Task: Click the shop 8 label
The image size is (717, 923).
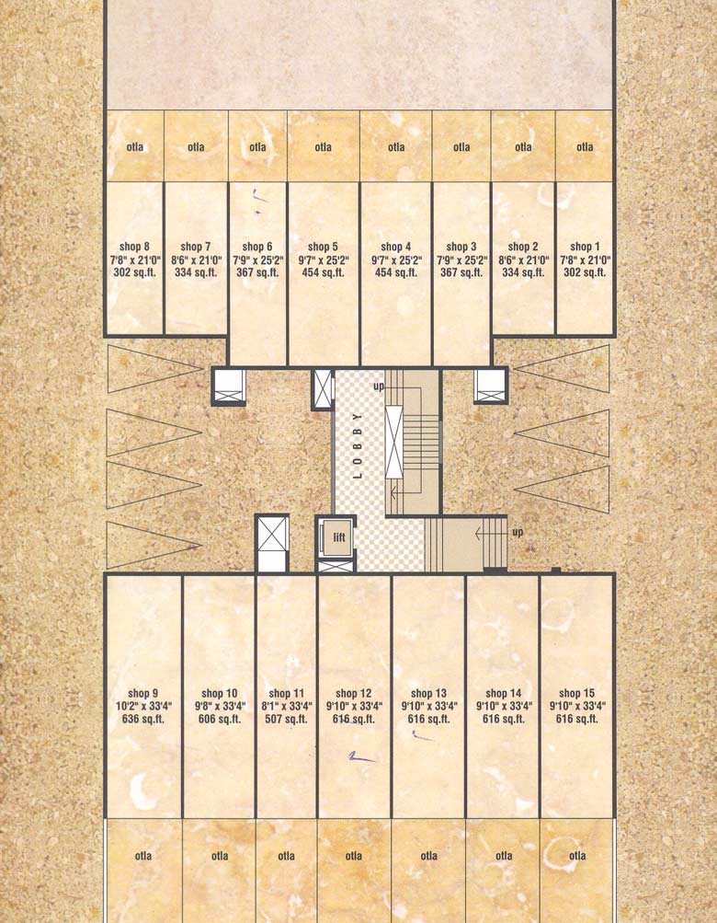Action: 134,247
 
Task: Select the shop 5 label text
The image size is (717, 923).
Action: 323,247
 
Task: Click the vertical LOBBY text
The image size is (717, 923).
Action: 358,444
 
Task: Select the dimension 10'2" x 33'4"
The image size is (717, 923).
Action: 142,707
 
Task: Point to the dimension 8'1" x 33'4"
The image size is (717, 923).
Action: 286,707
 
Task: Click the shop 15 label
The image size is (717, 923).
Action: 570,694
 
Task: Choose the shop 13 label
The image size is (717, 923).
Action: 428,694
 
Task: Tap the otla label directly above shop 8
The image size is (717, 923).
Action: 134,147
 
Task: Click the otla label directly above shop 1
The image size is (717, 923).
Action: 586,147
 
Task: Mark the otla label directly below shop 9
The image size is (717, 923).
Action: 142,856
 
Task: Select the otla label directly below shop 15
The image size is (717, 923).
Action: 576,856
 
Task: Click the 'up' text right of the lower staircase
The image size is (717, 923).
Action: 518,533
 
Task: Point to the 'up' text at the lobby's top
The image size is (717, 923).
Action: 379,387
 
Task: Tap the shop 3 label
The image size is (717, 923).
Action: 461,247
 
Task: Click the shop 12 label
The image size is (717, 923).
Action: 353,694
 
